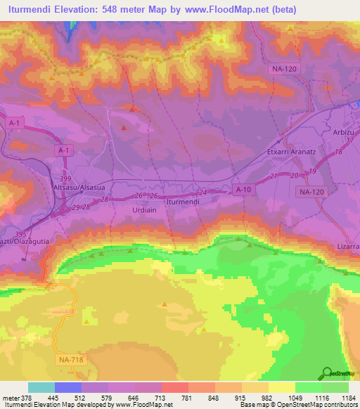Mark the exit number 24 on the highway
(x=203, y=192)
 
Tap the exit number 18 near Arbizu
(x=339, y=152)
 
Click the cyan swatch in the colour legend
(x=41, y=387)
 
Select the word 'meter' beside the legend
(x=11, y=397)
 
